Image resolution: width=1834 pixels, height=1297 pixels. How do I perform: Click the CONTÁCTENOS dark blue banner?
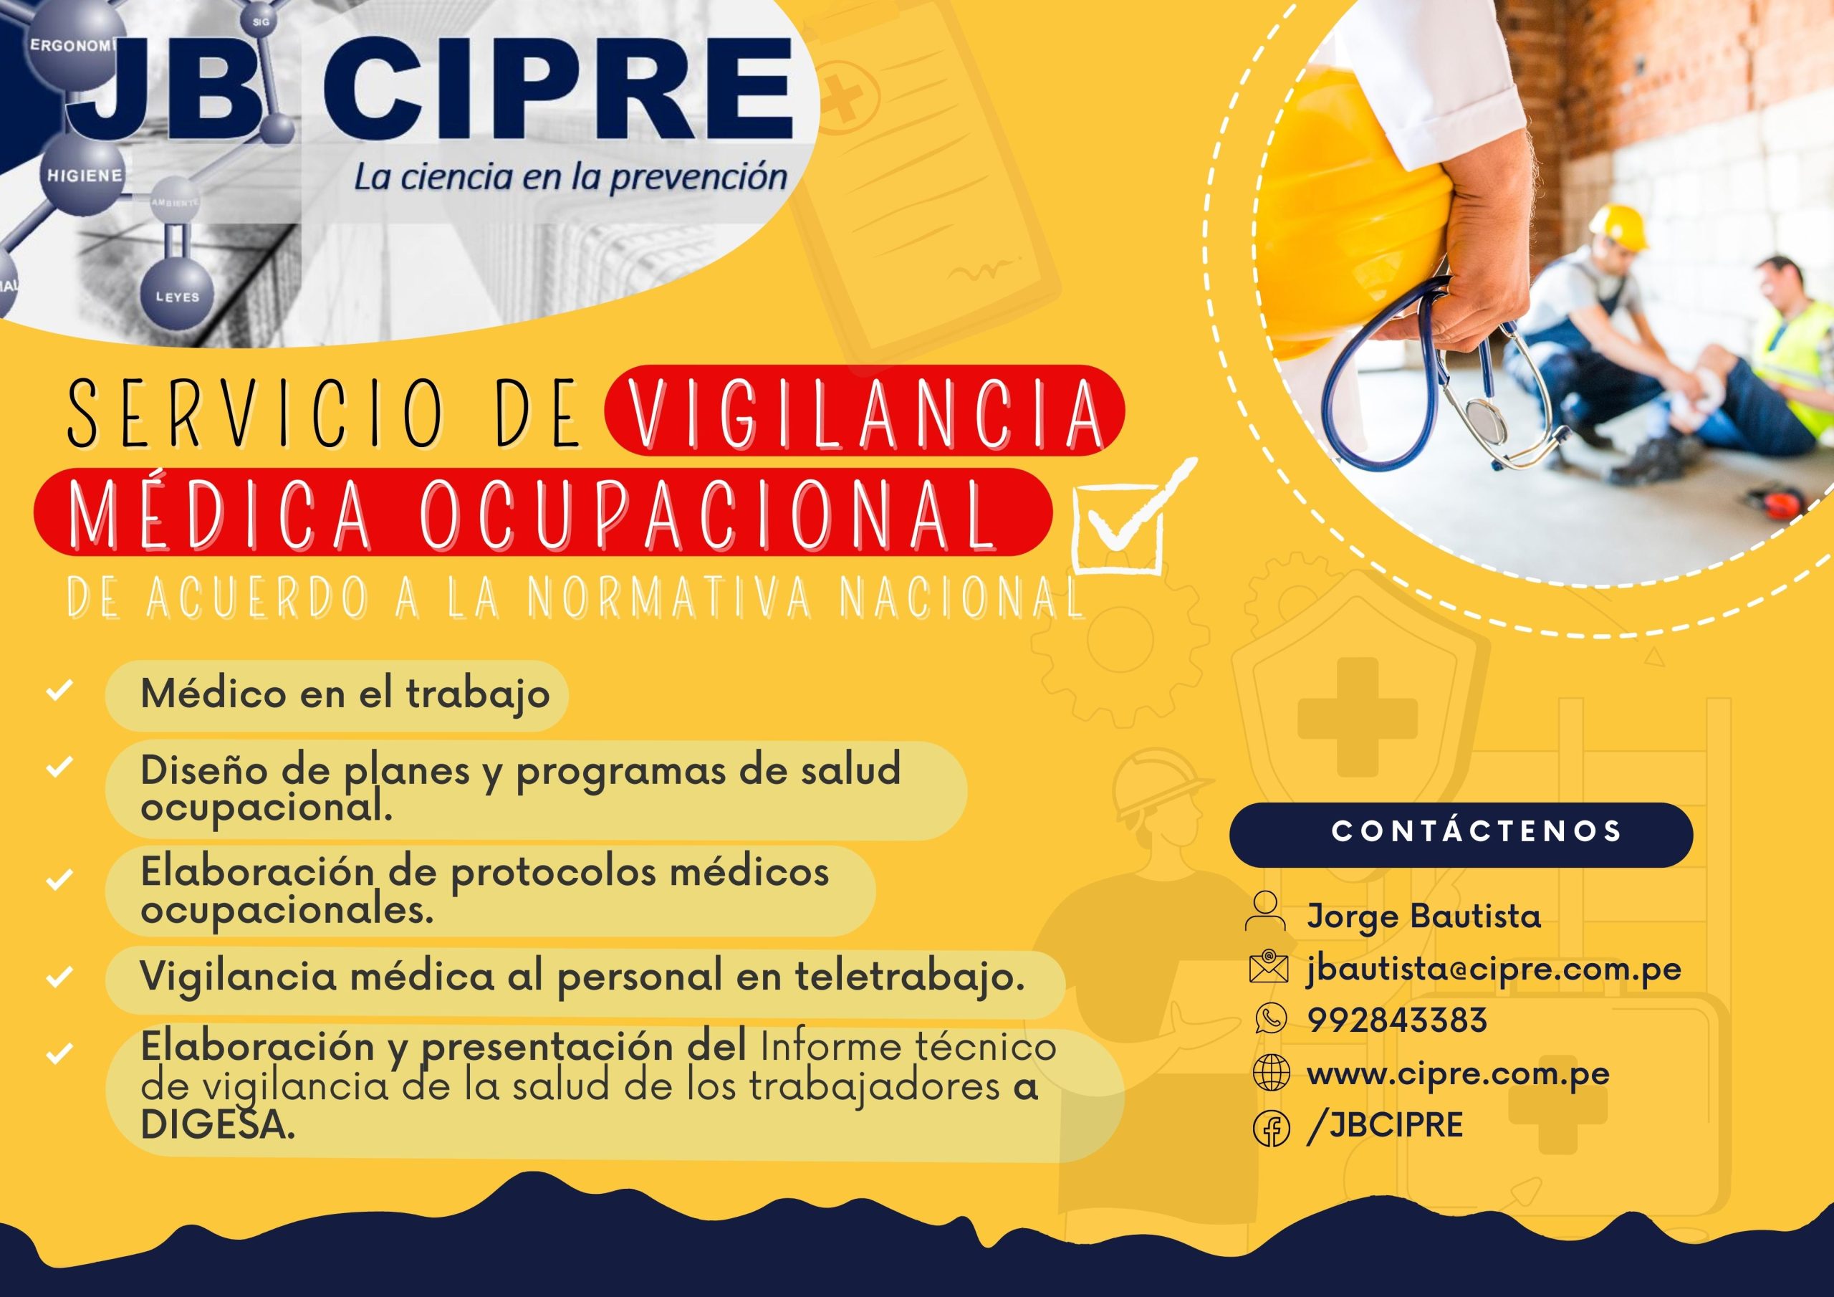tap(1461, 835)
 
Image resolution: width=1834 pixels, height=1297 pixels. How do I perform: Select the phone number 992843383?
tap(1397, 1020)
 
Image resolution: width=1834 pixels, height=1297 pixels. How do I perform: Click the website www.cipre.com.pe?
tap(1458, 1074)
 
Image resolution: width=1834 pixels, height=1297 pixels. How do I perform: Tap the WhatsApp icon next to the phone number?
tap(1271, 1019)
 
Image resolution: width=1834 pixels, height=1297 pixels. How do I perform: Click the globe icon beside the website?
tap(1272, 1073)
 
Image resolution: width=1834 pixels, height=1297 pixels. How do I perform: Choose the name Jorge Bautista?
tap(1423, 916)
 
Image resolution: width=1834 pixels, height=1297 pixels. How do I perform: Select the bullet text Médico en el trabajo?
tap(345, 694)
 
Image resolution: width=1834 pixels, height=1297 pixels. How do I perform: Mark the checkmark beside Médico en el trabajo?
tap(60, 689)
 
